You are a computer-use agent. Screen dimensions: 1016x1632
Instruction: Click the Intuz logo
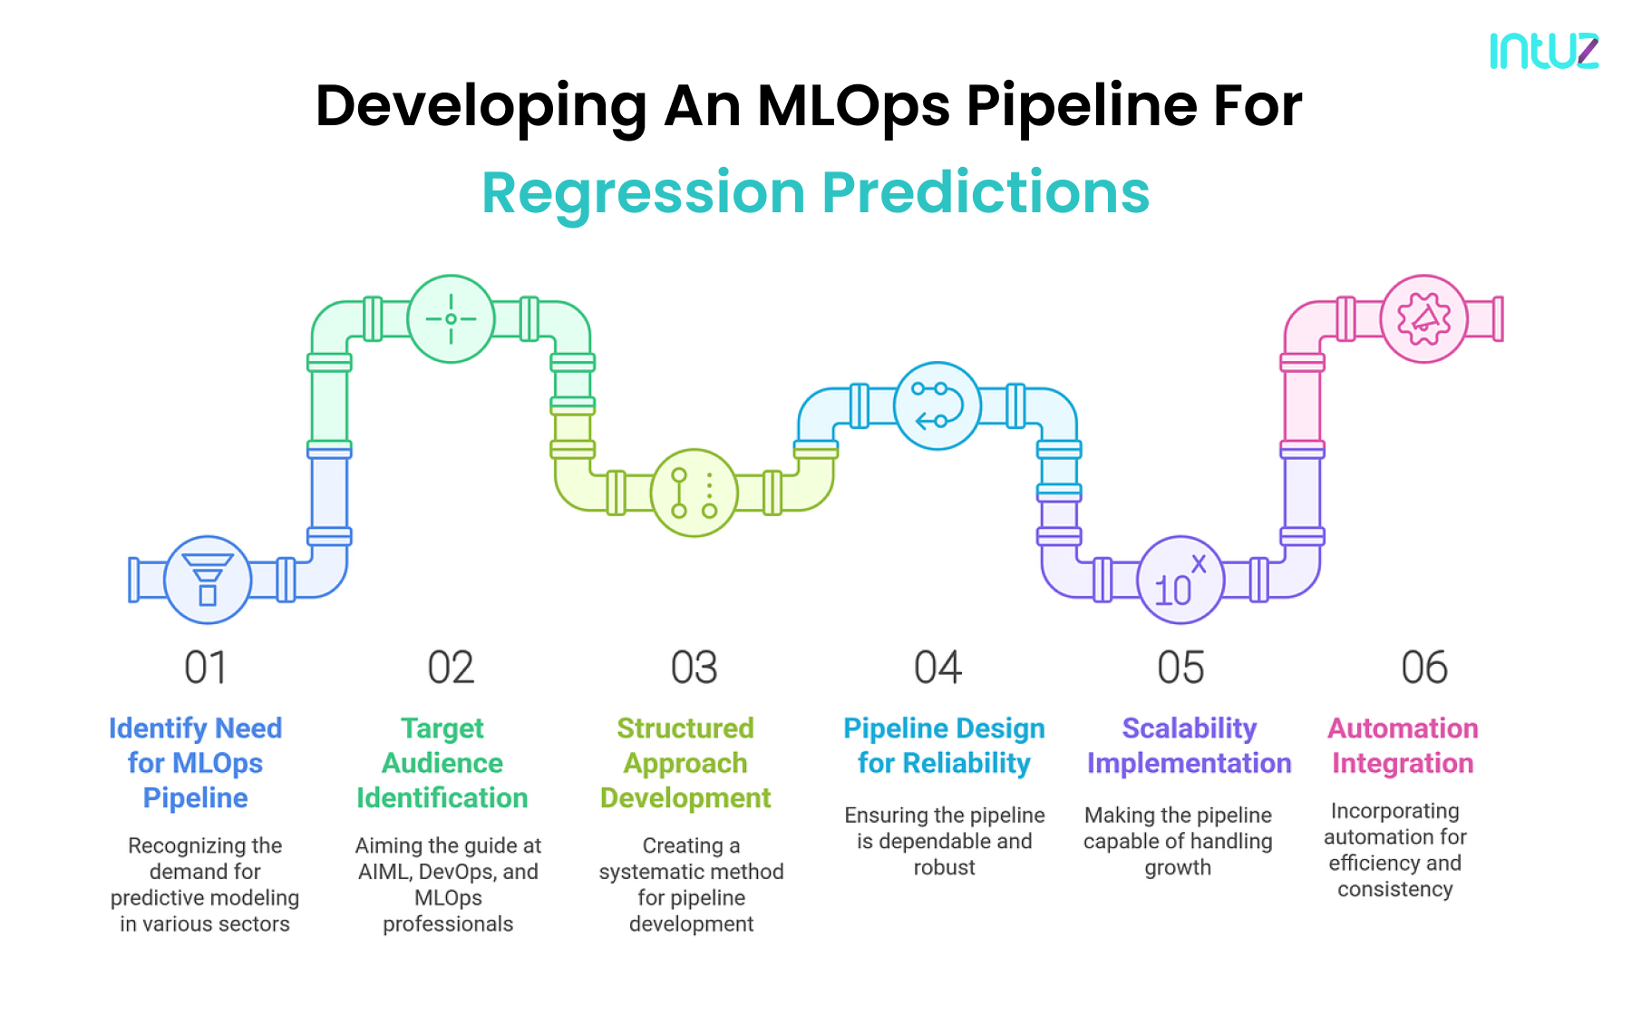(1543, 51)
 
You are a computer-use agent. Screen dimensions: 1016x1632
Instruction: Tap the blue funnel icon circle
(208, 580)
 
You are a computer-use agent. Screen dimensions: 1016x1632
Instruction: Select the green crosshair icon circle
(451, 318)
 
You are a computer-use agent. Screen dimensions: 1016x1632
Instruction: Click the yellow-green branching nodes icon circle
(694, 493)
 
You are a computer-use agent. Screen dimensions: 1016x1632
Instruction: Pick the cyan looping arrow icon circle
(937, 405)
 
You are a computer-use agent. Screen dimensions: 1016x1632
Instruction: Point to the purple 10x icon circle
(1180, 580)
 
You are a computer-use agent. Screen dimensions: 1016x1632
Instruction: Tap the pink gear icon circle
(1423, 318)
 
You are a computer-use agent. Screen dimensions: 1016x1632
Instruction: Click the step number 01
(206, 669)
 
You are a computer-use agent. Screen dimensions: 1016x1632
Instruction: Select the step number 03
(694, 669)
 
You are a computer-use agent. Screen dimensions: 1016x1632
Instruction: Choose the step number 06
(1423, 669)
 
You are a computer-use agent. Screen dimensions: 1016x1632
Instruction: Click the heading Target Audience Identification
(442, 763)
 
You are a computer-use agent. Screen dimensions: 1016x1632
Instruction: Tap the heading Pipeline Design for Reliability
(944, 746)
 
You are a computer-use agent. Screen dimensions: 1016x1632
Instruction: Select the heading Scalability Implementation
(1189, 746)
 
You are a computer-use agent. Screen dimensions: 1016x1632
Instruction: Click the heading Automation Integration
(1403, 746)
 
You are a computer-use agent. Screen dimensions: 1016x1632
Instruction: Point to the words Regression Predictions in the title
(815, 192)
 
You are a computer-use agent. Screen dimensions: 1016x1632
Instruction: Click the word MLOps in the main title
(853, 106)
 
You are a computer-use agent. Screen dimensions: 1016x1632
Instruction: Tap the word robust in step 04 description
(944, 868)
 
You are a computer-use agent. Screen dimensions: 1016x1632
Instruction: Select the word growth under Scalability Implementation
(1177, 868)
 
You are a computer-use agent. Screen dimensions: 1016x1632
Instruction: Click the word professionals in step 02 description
(448, 924)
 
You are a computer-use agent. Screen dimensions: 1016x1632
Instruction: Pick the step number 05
(1180, 669)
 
